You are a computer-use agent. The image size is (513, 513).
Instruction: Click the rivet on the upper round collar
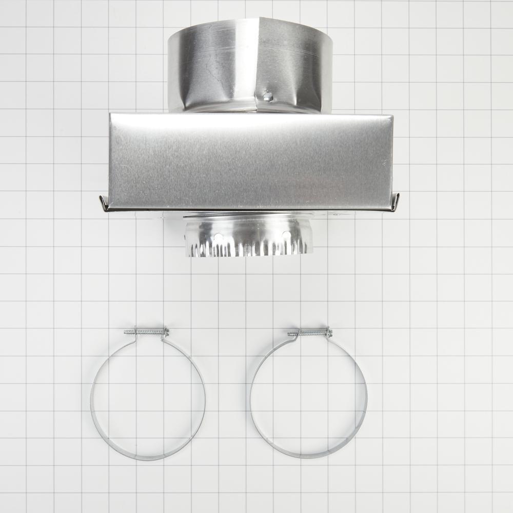click(266, 95)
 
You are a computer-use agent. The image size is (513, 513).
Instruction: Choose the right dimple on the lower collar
click(285, 236)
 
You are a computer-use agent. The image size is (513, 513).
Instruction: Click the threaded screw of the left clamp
click(146, 331)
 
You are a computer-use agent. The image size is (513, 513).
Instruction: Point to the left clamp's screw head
click(166, 332)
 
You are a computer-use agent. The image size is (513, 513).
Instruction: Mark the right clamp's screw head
click(329, 332)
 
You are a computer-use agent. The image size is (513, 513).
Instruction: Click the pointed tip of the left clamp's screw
click(125, 332)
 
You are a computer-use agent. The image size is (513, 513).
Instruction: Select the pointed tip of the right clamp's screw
click(289, 334)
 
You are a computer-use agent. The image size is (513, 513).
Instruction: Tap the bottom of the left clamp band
click(147, 458)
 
